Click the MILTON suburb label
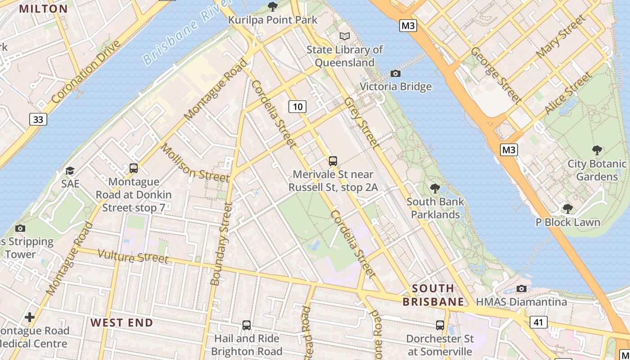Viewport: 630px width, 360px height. (43, 9)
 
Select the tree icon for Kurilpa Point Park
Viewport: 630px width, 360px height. (272, 6)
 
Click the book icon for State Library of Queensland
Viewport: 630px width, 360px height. (345, 36)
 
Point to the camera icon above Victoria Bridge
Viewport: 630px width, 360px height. (396, 73)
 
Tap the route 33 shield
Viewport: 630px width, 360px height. (38, 119)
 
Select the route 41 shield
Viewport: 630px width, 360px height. (539, 322)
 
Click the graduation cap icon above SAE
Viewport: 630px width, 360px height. (70, 171)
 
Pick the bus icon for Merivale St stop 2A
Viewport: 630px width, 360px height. (333, 161)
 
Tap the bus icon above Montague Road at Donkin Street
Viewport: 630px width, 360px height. (134, 168)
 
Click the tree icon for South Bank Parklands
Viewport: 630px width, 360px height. (435, 188)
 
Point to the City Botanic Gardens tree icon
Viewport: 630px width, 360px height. (597, 150)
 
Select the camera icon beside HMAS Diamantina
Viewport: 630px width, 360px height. (522, 288)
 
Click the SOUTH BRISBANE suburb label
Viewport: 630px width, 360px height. (433, 295)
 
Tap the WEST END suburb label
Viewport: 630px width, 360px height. (122, 323)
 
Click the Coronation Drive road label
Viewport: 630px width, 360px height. (86, 72)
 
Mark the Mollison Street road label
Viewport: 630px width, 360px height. (195, 163)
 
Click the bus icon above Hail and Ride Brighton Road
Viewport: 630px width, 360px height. (247, 325)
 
